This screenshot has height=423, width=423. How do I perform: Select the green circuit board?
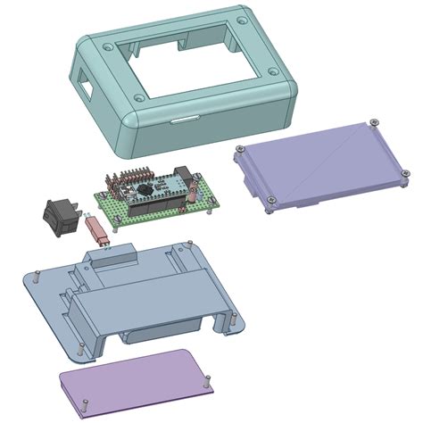coord(156,201)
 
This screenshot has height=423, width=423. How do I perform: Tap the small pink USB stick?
coord(100,231)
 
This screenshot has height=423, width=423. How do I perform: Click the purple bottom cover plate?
coord(134,381)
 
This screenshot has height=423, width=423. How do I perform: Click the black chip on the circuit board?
coord(143,189)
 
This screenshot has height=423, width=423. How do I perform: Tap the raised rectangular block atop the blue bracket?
coord(112,260)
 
